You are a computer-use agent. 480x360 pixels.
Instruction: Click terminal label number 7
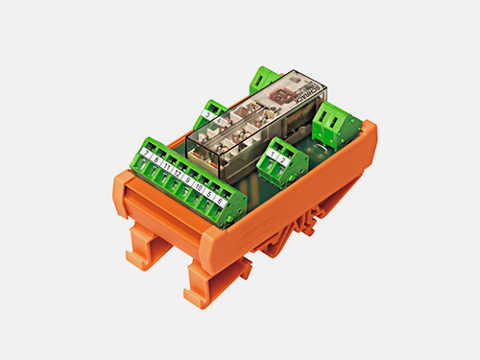click(x=146, y=154)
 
